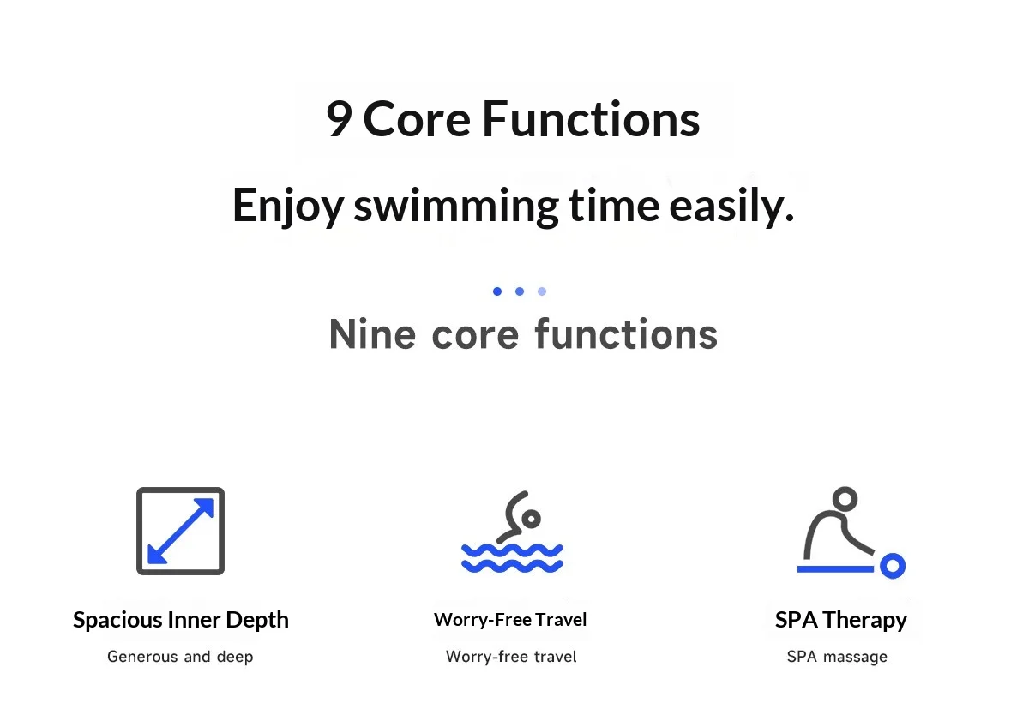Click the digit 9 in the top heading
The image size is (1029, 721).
[x=339, y=118]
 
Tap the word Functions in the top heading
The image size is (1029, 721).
[x=591, y=118]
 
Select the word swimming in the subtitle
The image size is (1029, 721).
[x=456, y=207]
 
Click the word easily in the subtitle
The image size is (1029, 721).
[x=731, y=205]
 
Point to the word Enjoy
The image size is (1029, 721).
[x=288, y=206]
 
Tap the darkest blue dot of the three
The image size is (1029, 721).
[x=497, y=291]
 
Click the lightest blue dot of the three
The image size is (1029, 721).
[x=542, y=291]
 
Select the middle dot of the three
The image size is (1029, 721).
[x=520, y=291]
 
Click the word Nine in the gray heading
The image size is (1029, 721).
[x=372, y=334]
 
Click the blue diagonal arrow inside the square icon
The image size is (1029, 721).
[x=181, y=531]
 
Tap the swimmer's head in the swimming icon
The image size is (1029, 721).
[x=532, y=519]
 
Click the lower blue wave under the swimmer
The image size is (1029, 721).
[x=512, y=566]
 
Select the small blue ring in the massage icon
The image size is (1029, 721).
[x=893, y=566]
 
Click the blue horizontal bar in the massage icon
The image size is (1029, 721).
[x=835, y=569]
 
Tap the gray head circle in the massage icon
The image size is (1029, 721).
[x=845, y=498]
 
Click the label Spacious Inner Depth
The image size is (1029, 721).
[x=181, y=620]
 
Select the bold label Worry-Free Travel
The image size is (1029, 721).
[x=510, y=620]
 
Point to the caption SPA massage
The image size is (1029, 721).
[x=837, y=658]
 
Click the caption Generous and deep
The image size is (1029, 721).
[x=180, y=657]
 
